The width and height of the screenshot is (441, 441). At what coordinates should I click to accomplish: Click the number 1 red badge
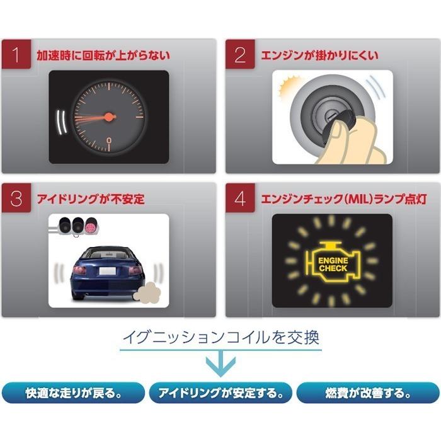point(18,55)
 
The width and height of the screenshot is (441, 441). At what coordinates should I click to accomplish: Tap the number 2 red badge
point(241,55)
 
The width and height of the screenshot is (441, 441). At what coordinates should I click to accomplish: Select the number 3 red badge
point(18,198)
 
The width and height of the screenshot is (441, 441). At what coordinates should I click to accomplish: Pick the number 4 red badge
point(241,198)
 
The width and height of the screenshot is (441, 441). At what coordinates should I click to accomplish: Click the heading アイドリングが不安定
point(91,199)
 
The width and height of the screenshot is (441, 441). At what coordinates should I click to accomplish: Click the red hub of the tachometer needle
point(109,117)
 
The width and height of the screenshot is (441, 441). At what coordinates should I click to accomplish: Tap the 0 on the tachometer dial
point(109,140)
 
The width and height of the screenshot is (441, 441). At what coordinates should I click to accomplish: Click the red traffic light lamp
point(91,226)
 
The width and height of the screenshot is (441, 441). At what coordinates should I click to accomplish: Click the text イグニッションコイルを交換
point(220,336)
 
